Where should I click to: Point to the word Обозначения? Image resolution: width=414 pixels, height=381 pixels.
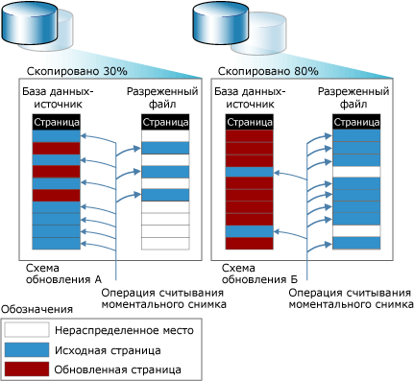point(37,309)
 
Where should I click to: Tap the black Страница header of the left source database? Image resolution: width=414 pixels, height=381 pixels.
point(51,123)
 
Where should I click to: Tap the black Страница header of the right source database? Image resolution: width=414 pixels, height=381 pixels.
point(244,123)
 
